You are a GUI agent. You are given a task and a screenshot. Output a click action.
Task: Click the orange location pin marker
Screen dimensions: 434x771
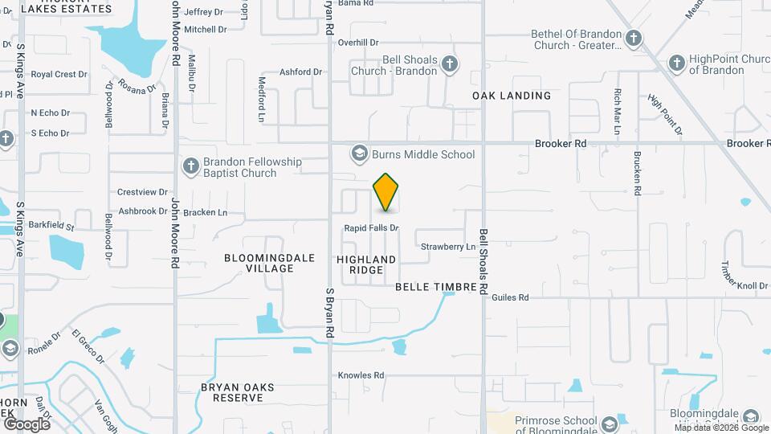386,192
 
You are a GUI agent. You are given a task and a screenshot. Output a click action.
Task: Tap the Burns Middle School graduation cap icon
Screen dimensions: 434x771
359,154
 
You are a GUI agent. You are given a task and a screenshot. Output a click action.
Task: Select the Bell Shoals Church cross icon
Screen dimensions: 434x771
451,63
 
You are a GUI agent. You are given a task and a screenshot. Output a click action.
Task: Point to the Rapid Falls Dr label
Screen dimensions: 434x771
371,228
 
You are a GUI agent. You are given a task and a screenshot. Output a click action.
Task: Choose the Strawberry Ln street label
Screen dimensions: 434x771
448,247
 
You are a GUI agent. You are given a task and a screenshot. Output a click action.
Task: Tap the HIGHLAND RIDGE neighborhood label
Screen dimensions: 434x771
366,264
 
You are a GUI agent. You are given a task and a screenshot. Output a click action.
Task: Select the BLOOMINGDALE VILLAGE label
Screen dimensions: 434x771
259,263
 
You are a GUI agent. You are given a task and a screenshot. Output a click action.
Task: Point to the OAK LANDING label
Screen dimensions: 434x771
512,96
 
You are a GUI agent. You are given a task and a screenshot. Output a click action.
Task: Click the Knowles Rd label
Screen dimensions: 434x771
361,375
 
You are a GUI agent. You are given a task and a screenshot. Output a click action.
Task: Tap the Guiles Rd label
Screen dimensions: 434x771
511,297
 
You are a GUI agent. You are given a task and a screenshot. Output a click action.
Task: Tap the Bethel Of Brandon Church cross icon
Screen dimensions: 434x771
634,38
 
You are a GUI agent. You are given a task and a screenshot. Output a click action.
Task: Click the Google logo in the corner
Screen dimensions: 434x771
27,424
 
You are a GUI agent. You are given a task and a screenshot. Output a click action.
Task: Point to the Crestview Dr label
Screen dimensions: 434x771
142,193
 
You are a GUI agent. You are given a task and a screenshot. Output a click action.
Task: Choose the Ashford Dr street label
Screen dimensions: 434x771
300,72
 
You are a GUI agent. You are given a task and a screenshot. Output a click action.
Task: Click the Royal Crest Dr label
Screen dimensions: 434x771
59,75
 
